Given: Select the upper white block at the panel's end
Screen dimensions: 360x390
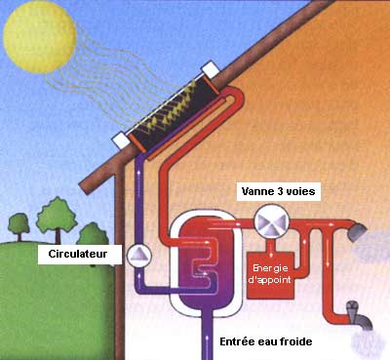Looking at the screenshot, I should [209, 71].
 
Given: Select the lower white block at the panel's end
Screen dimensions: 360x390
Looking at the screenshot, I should [124, 140].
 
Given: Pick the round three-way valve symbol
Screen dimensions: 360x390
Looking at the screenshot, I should [267, 223].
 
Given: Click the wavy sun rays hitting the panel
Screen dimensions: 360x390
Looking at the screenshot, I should [117, 68].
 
